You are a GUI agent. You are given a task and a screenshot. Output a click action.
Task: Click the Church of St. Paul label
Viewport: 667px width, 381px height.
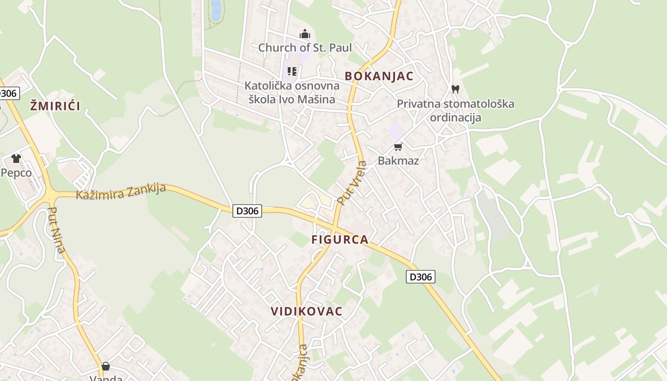point(305,48)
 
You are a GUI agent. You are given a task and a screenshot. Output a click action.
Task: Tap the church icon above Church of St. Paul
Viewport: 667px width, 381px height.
point(305,34)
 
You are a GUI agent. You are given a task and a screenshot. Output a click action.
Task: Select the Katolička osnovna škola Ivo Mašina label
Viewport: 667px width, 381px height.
point(292,92)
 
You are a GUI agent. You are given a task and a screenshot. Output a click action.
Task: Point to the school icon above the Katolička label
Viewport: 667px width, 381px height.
point(292,72)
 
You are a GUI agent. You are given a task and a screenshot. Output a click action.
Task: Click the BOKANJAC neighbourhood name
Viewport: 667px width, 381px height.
point(379,76)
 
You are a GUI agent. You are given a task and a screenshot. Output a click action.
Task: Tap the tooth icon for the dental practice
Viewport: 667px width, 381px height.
point(455,89)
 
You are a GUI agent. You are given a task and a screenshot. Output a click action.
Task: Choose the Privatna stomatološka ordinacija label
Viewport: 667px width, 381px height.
point(455,110)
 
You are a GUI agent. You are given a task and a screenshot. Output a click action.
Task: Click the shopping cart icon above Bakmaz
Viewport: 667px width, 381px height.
point(398,147)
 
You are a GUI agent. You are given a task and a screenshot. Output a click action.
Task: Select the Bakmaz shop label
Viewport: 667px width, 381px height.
point(398,160)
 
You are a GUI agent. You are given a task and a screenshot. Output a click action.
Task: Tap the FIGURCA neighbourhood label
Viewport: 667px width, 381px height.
point(340,240)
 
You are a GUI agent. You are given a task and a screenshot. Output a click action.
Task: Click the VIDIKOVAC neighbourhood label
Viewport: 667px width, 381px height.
point(306,311)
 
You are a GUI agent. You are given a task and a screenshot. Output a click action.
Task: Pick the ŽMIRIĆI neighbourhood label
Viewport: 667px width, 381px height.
point(55,106)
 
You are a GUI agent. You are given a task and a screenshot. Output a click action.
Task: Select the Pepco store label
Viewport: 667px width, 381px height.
point(16,172)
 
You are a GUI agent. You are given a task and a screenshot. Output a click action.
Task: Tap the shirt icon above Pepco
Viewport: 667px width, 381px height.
point(16,159)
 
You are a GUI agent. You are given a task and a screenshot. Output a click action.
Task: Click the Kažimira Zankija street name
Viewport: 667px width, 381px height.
point(121,191)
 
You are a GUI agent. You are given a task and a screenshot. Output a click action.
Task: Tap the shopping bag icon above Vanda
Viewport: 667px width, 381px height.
point(106,366)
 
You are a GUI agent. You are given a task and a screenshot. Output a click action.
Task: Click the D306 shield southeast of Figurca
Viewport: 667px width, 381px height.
point(420,277)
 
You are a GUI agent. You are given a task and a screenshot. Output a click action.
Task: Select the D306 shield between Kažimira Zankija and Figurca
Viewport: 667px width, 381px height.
point(247,211)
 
